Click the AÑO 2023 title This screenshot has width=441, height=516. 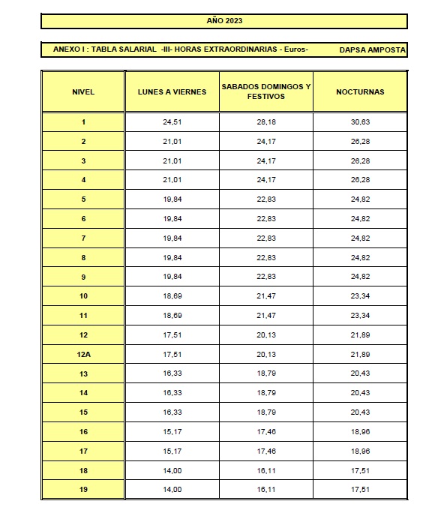[225, 21]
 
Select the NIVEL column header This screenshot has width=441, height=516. [83, 91]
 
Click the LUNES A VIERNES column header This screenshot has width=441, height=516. [172, 91]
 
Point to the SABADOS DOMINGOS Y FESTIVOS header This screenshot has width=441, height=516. [266, 91]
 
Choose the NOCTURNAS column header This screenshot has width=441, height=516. [360, 91]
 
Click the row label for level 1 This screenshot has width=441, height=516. [83, 121]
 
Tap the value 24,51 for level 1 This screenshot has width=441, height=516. [172, 121]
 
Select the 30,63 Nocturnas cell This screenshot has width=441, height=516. [360, 121]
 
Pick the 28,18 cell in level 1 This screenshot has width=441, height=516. [266, 121]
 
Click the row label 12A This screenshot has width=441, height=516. [83, 354]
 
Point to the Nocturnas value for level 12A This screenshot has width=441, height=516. [360, 354]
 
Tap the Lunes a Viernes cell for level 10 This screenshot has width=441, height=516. [172, 296]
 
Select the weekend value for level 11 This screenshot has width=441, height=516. [266, 316]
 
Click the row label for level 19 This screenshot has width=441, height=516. [83, 490]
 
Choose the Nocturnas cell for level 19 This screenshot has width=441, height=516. [360, 490]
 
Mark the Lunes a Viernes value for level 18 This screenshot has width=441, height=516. [172, 470]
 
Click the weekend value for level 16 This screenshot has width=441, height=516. [266, 432]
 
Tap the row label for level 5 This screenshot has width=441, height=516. [83, 199]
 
